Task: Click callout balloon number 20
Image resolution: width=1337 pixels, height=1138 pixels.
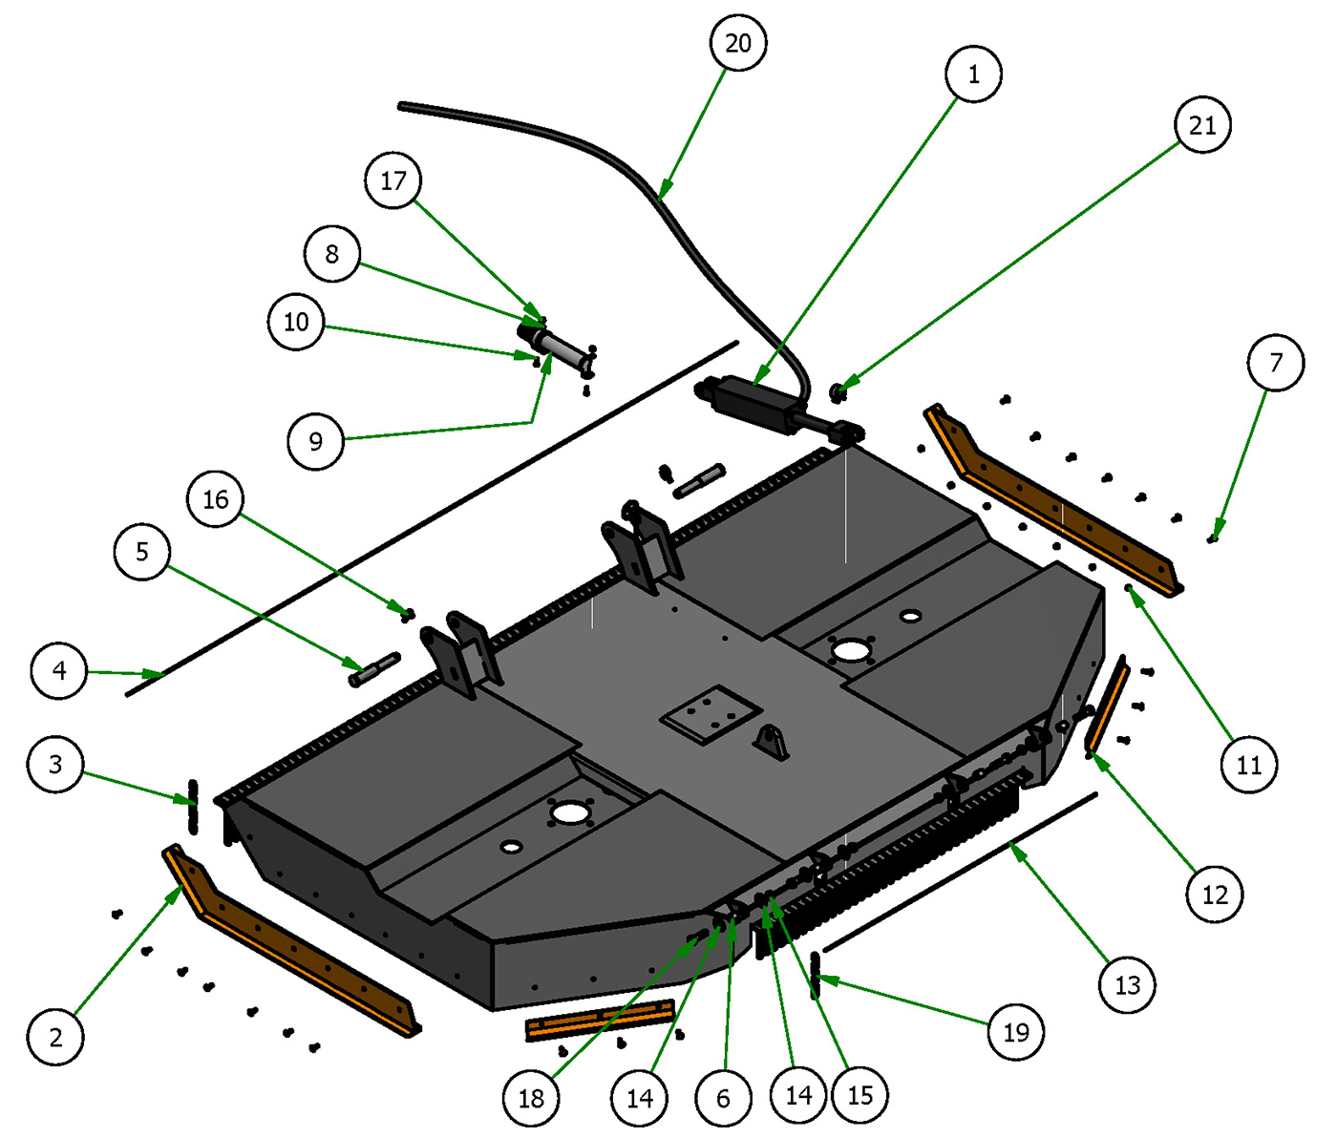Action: pos(738,43)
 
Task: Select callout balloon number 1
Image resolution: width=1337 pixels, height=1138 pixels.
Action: pos(973,74)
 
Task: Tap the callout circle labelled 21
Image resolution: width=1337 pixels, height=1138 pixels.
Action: pos(1202,125)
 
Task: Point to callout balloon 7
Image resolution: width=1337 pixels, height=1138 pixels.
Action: pos(1276,363)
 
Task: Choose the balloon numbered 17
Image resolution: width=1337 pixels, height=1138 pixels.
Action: pos(393,180)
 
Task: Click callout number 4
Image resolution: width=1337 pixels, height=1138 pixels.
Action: pos(59,671)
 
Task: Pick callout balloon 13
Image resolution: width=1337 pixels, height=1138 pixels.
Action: pos(1128,984)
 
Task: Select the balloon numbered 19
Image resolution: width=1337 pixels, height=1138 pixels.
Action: pos(1016,1032)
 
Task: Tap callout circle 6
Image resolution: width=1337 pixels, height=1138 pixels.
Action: pos(723,1098)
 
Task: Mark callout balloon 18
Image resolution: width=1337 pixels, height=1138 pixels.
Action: pos(531,1098)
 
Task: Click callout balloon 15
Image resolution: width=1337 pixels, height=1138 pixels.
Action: pos(860,1095)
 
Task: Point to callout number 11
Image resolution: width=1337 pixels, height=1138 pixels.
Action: pos(1249,764)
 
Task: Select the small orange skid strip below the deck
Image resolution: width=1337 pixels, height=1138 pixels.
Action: pos(600,1020)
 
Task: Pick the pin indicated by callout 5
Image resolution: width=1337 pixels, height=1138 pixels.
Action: pos(374,668)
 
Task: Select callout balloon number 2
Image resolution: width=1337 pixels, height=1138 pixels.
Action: pos(55,1037)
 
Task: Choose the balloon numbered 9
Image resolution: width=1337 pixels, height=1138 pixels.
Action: pos(316,441)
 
